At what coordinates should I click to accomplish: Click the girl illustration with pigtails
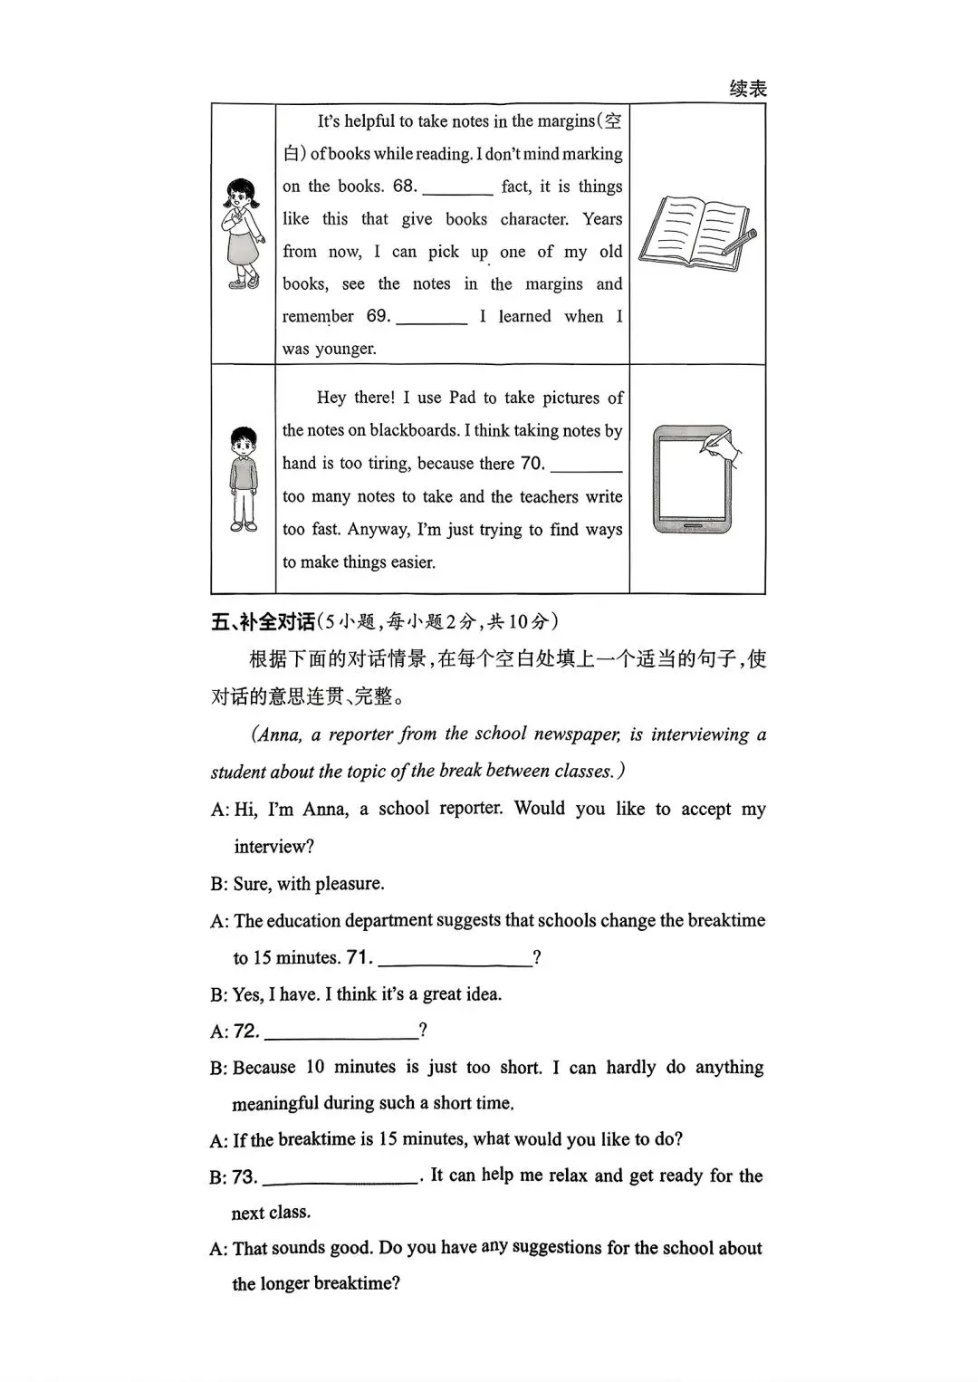[x=242, y=234]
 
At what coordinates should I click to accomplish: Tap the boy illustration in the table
[x=243, y=479]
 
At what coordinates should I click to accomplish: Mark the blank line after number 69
[x=431, y=322]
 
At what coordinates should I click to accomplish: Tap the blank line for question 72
[x=340, y=1036]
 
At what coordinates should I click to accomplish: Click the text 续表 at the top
[x=748, y=89]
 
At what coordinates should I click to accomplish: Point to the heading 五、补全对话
[x=263, y=621]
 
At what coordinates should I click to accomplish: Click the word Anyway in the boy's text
[x=376, y=530]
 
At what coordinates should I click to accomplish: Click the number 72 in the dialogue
[x=245, y=1031]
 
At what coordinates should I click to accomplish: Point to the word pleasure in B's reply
[x=349, y=884]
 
